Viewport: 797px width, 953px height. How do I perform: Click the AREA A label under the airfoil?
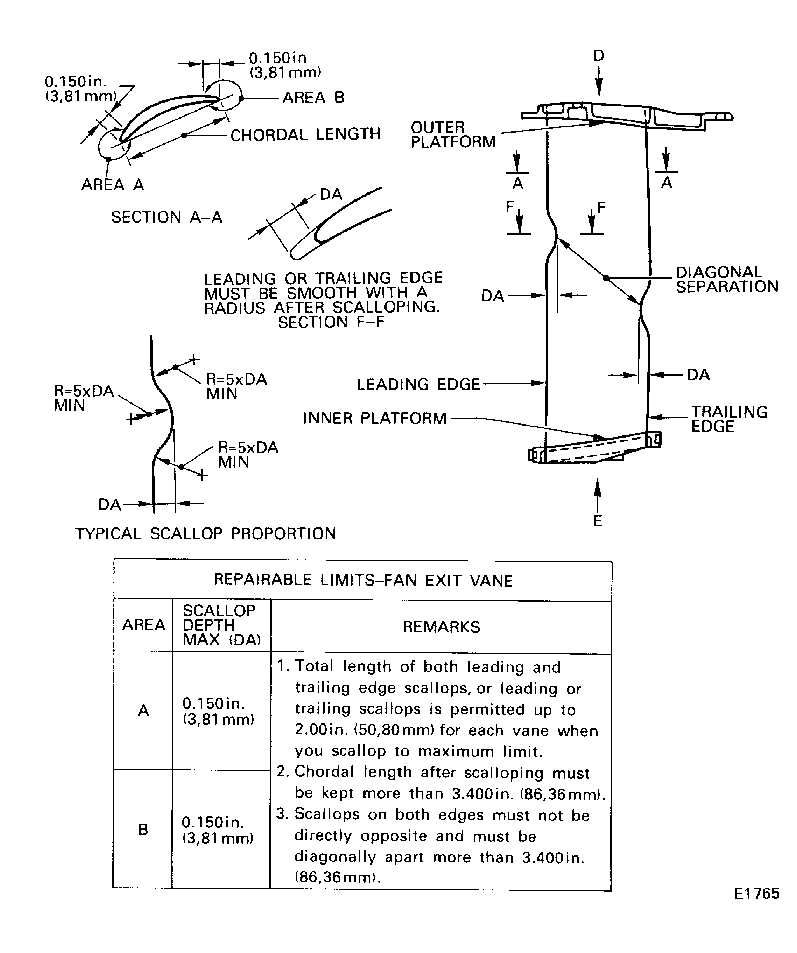click(112, 185)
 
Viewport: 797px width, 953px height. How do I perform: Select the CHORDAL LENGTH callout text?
click(305, 134)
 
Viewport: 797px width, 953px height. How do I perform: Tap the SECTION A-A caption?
click(166, 217)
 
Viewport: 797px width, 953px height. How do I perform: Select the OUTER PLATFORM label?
click(453, 134)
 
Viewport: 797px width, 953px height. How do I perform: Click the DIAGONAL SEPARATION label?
click(727, 279)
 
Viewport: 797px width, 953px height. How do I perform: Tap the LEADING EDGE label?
click(418, 384)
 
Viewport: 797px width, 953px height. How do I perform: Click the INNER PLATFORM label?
click(374, 418)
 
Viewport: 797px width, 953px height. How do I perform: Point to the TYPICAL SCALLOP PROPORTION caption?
click(206, 533)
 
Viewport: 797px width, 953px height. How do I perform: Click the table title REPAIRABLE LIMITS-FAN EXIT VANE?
click(363, 580)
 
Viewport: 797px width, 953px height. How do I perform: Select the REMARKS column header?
click(441, 627)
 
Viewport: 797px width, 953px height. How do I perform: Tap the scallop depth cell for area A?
click(218, 711)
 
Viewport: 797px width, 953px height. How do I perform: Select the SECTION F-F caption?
click(331, 322)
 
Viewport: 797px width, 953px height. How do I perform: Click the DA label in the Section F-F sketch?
click(331, 194)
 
